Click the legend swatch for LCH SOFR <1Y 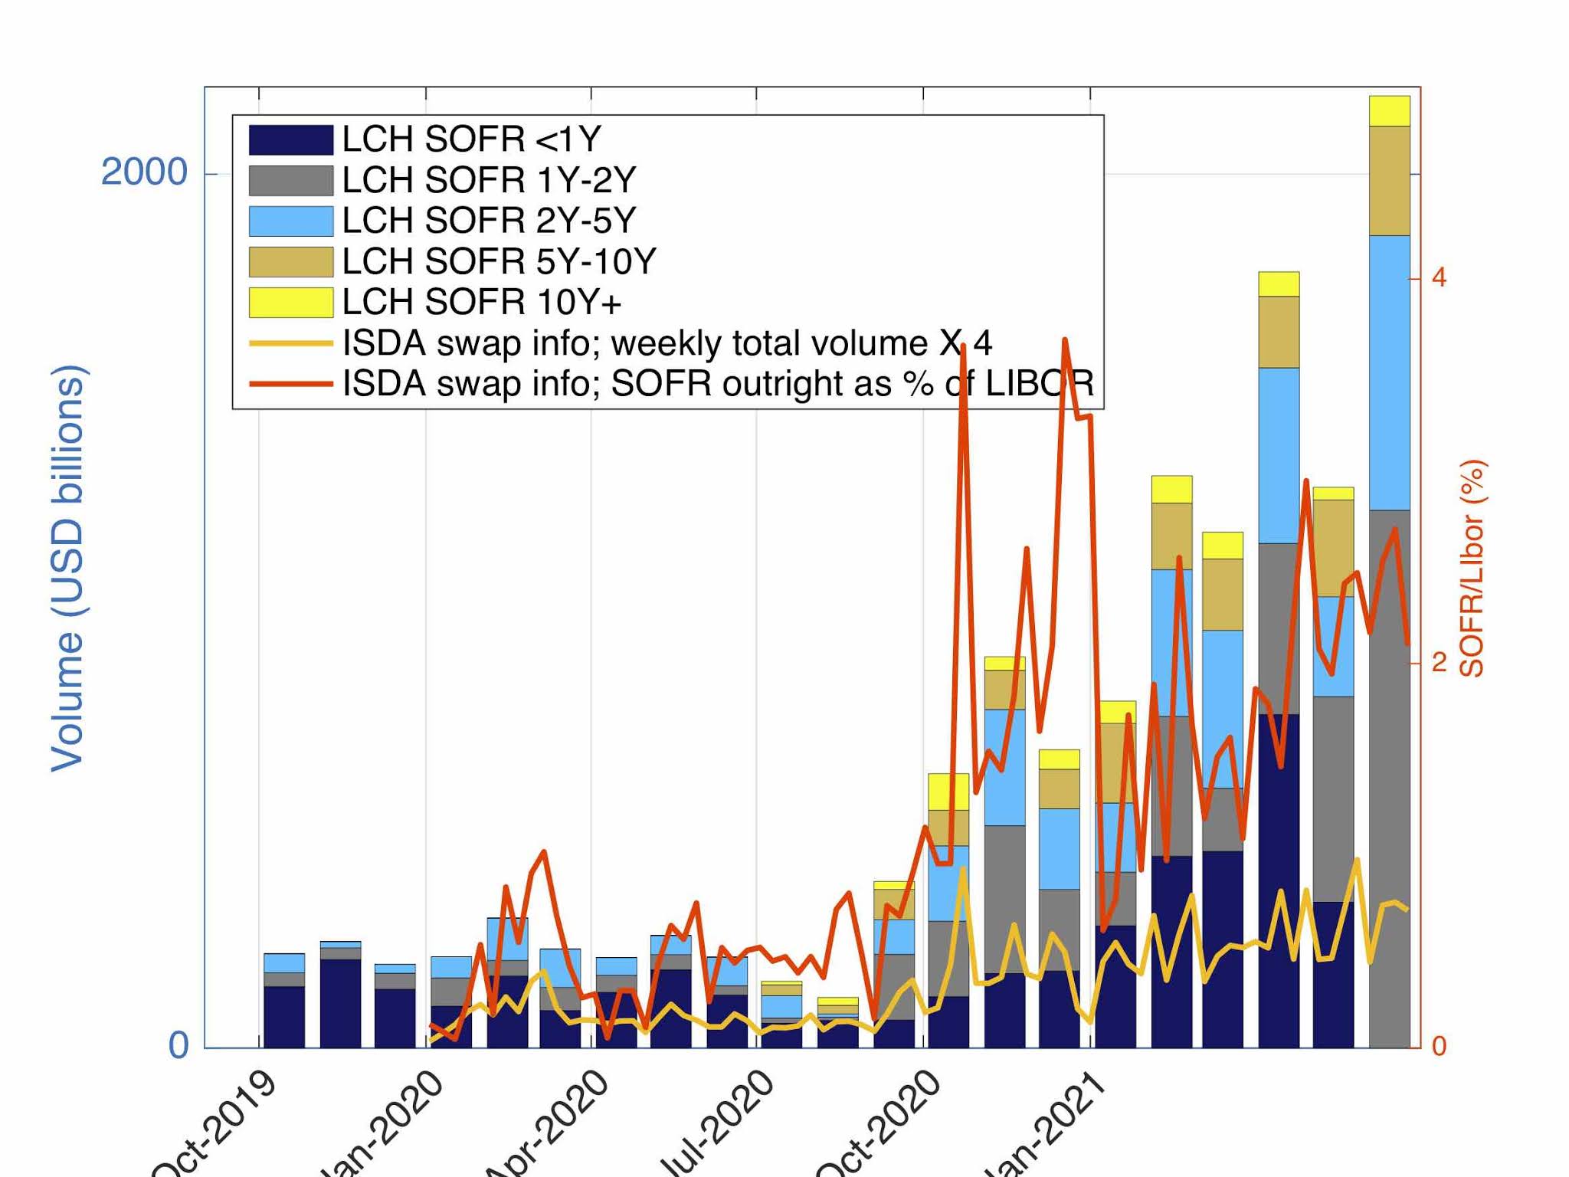[x=290, y=140]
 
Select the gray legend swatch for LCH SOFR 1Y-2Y [x=290, y=181]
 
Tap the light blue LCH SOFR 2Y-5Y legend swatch [x=290, y=221]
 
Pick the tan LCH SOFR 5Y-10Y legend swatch [x=290, y=262]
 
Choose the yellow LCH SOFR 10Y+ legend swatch [x=290, y=303]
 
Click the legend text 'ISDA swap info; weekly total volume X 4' [x=667, y=343]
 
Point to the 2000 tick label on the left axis [x=144, y=172]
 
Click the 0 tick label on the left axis [x=178, y=1046]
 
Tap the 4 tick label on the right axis [x=1439, y=277]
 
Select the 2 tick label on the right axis [x=1439, y=662]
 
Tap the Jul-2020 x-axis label [x=717, y=1126]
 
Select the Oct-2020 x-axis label [x=881, y=1126]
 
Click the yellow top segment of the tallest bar [x=1390, y=111]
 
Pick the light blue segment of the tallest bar [x=1390, y=372]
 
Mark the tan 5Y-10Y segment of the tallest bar [x=1390, y=181]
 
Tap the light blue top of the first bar [x=284, y=963]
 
